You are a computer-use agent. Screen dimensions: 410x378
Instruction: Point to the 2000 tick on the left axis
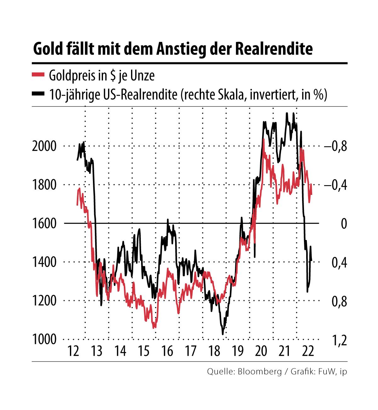[x=44, y=146]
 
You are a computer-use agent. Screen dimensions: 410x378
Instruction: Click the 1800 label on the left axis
[x=44, y=185]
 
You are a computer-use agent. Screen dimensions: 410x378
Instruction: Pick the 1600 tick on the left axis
[x=44, y=224]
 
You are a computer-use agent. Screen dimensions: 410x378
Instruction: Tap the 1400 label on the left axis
[x=44, y=262]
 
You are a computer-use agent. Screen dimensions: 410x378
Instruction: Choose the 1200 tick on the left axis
[x=44, y=301]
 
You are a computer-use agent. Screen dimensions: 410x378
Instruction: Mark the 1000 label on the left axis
[x=44, y=339]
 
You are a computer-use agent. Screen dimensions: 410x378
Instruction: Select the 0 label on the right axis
[x=344, y=224]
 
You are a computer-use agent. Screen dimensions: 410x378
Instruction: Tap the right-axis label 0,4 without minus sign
[x=339, y=262]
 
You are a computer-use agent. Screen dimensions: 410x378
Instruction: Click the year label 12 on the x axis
[x=73, y=350]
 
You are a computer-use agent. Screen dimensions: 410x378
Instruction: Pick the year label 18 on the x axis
[x=215, y=350]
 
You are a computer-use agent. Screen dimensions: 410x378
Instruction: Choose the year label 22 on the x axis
[x=308, y=350]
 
